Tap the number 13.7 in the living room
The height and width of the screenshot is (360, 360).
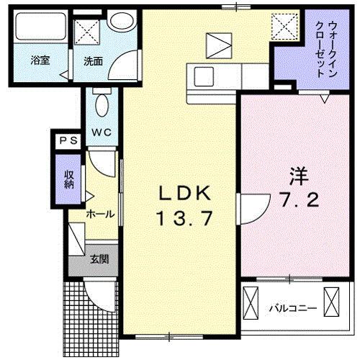tap(183, 217)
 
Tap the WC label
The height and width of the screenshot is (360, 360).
tap(99, 132)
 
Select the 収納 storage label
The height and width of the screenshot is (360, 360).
tap(69, 177)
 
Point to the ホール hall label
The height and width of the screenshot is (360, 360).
tap(99, 214)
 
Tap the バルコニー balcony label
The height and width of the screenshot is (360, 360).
tap(293, 308)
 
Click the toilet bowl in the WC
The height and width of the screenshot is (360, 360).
tap(101, 105)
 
